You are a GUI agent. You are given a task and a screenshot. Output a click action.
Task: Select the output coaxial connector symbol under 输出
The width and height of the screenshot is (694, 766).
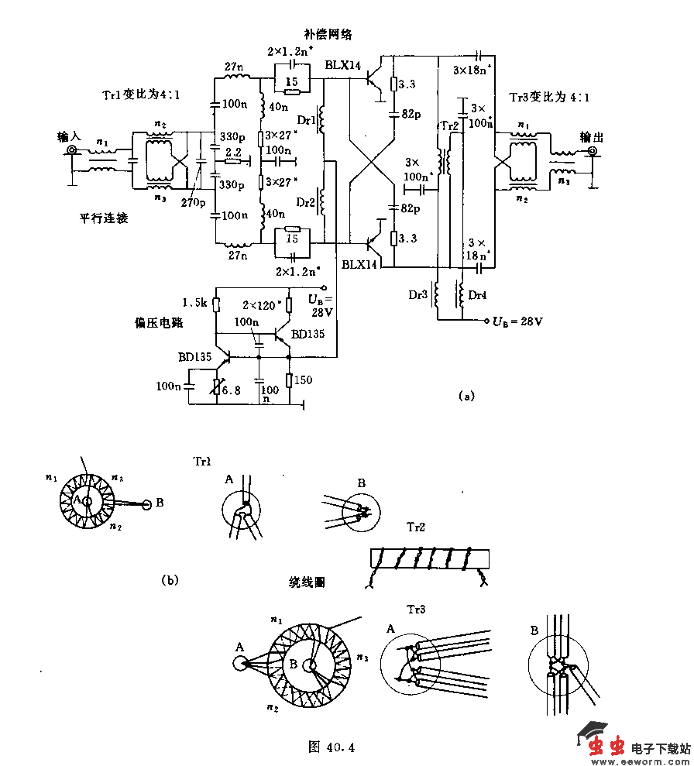593,153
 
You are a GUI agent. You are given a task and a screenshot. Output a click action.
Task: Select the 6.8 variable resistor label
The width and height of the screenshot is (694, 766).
232,390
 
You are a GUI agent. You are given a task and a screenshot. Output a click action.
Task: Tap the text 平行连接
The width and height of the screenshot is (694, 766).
104,218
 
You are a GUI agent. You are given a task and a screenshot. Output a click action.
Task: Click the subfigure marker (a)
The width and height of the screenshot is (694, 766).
466,396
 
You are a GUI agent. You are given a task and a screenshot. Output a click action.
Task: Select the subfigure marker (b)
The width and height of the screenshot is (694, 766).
169,579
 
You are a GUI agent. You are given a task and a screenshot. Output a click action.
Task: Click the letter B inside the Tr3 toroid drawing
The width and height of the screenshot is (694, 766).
294,665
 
